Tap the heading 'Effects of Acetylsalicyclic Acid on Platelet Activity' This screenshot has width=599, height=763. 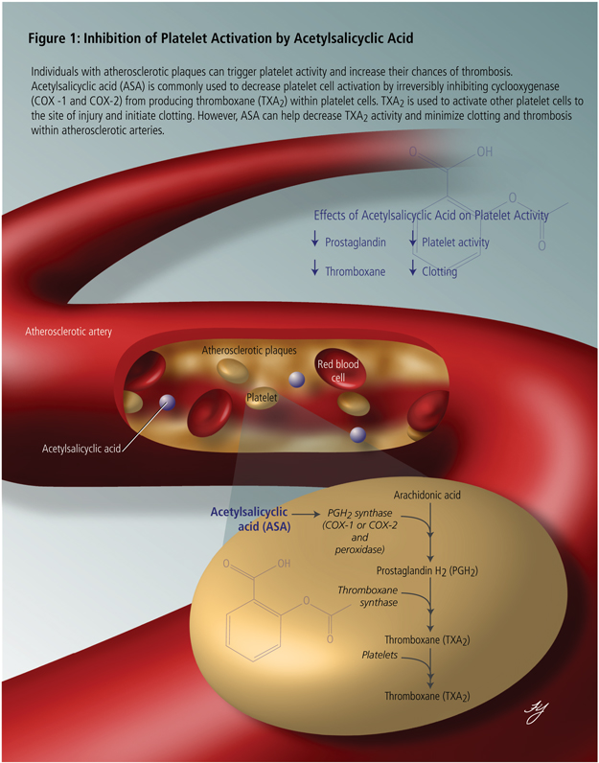pyautogui.click(x=431, y=216)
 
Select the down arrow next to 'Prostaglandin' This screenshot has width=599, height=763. pyautogui.click(x=314, y=243)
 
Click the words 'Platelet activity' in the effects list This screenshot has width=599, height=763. pyautogui.click(x=455, y=243)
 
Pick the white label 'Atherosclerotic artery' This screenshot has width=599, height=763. pyautogui.click(x=69, y=332)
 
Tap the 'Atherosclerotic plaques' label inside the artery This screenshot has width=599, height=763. pyautogui.click(x=248, y=351)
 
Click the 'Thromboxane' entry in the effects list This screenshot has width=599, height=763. pyautogui.click(x=355, y=271)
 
